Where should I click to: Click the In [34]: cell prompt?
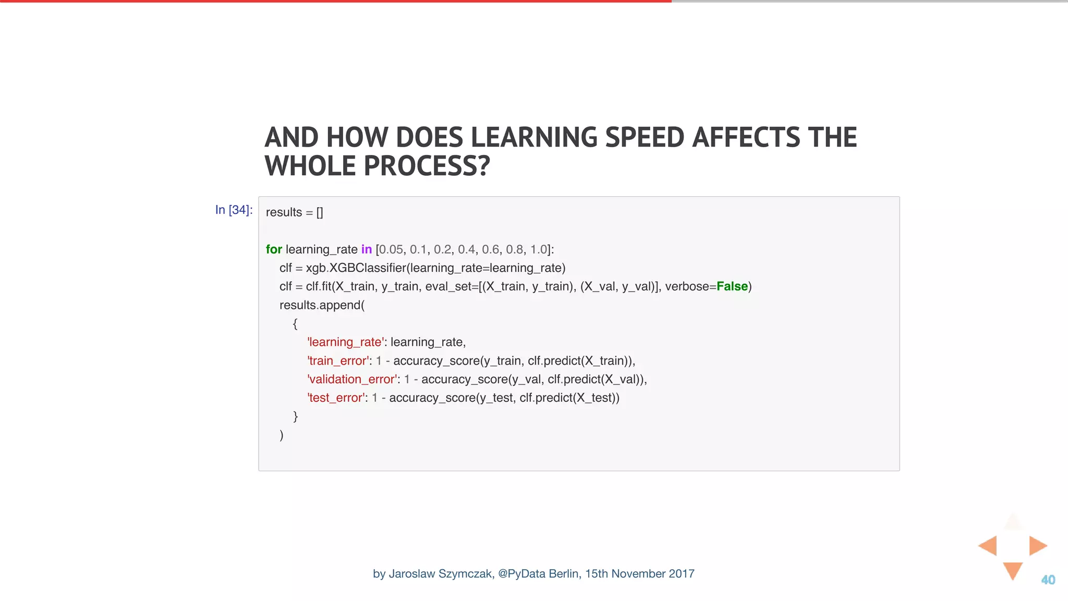click(x=234, y=210)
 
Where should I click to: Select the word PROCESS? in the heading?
click(x=427, y=166)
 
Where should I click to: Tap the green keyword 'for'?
click(x=274, y=249)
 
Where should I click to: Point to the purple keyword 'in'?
click(x=367, y=249)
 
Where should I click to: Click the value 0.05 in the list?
click(x=391, y=249)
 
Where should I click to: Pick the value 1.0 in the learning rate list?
click(x=539, y=249)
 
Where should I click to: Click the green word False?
click(x=732, y=286)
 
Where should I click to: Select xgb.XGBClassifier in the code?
click(x=356, y=268)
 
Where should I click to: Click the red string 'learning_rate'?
click(x=345, y=342)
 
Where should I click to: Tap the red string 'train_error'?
click(x=337, y=361)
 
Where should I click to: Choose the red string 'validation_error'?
click(x=351, y=379)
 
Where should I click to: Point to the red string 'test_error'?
click(x=335, y=398)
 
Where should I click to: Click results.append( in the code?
click(x=322, y=305)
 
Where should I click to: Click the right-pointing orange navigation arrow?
click(x=1037, y=546)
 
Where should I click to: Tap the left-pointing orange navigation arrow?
click(x=988, y=546)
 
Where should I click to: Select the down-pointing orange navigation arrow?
click(x=1012, y=570)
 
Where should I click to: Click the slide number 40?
click(x=1048, y=580)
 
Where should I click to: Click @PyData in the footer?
click(x=521, y=574)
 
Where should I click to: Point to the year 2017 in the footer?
click(x=681, y=574)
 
